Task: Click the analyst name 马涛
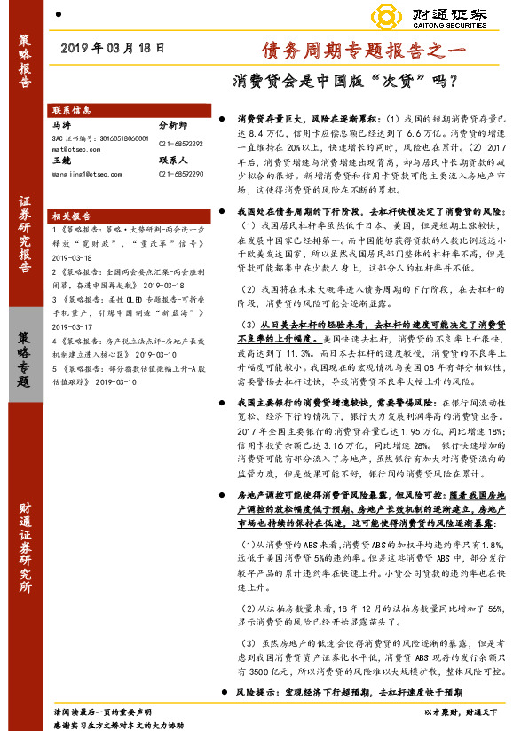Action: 61,127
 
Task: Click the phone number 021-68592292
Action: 180,143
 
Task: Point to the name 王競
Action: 61,161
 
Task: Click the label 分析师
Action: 174,127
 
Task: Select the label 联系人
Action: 174,161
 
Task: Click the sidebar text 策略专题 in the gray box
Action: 24,358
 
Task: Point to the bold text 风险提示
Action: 257,689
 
